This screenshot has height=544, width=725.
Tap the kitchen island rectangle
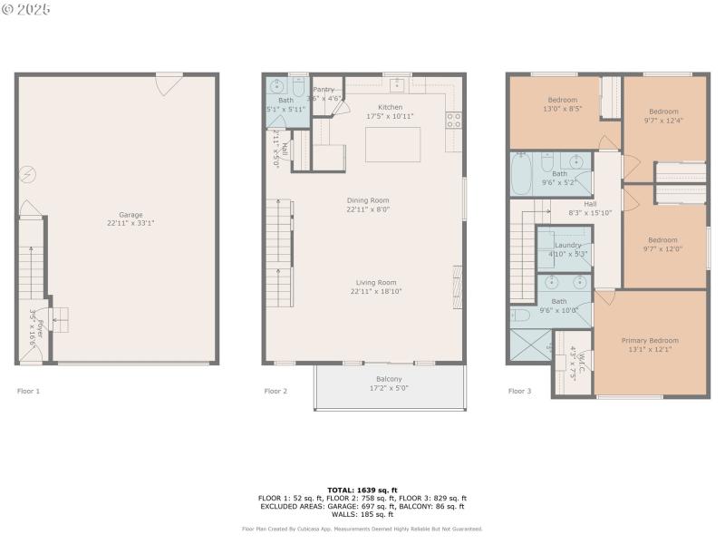click(392, 144)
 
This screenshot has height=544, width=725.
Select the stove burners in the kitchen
click(453, 119)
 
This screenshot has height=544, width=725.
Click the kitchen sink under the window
click(397, 85)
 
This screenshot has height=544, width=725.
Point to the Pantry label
click(324, 90)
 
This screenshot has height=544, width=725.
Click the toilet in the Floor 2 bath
click(298, 87)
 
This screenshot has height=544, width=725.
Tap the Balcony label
click(389, 379)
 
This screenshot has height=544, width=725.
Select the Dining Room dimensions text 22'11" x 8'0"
click(367, 209)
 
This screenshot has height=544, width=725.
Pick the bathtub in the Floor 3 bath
click(521, 174)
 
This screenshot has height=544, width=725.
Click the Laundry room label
click(568, 245)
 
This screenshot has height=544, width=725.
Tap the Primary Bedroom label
click(650, 341)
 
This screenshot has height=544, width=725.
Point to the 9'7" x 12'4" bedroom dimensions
click(663, 120)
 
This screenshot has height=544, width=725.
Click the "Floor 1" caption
click(29, 391)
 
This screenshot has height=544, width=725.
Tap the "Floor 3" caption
click(519, 391)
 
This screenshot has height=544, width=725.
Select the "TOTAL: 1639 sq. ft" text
click(362, 490)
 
